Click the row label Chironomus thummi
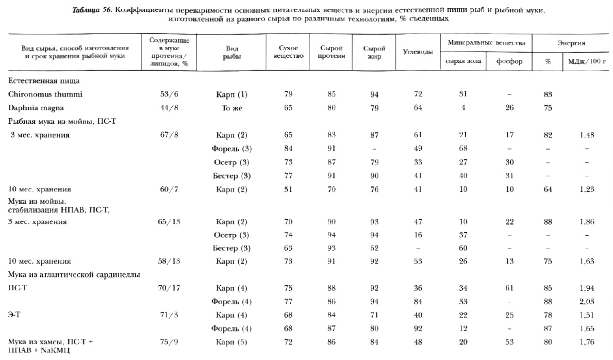coord(45,94)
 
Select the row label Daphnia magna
coord(38,108)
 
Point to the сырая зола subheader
coord(463,61)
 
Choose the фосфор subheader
coord(509,61)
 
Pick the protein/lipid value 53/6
coord(169,94)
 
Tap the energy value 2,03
coord(586,302)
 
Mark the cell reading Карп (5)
coord(231,342)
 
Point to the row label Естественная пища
coord(44,81)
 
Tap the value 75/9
coord(169,342)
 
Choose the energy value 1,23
coord(586,189)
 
